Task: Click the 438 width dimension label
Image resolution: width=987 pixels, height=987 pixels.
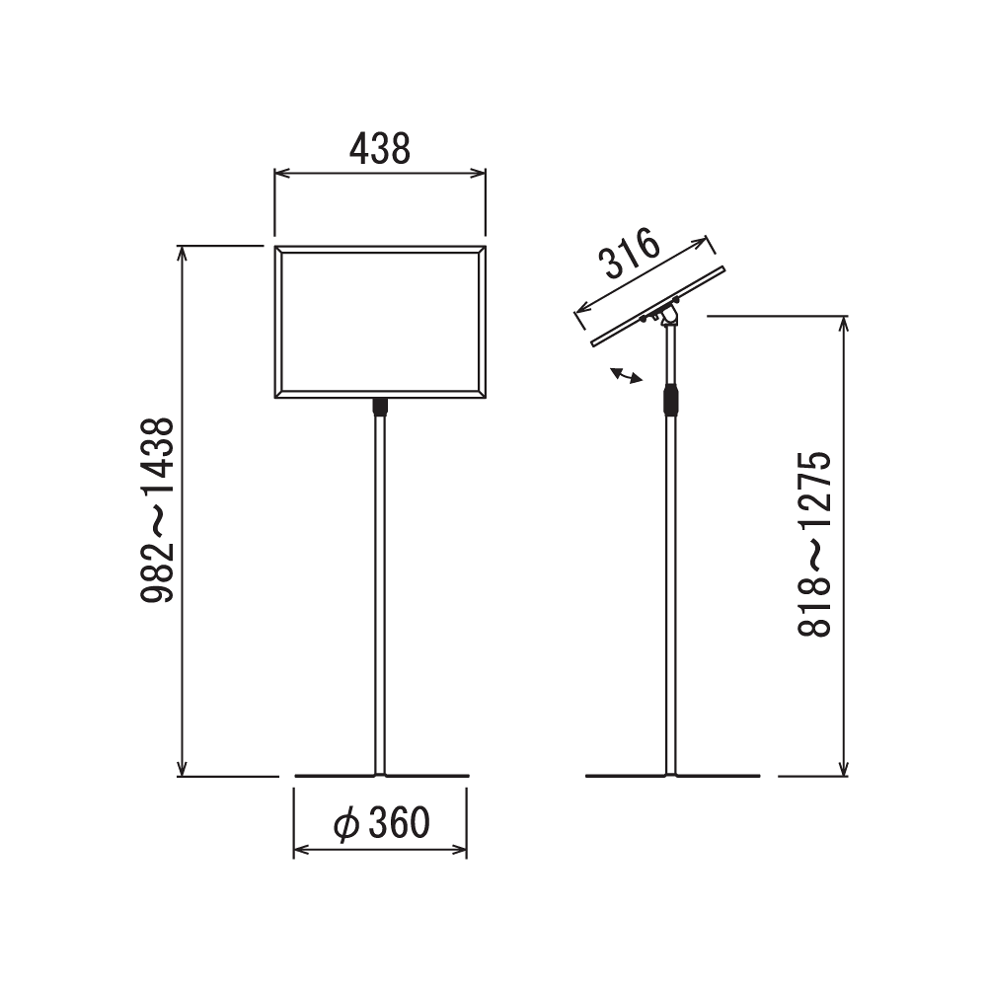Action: pos(380,149)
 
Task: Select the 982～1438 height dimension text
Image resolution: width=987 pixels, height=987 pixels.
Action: pos(157,510)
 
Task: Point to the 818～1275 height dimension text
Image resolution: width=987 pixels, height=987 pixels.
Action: pos(814,545)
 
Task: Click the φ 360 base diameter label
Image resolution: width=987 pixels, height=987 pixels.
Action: pos(382,823)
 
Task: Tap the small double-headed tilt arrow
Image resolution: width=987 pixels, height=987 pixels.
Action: pos(627,376)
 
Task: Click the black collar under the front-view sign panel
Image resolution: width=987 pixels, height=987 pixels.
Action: pos(380,407)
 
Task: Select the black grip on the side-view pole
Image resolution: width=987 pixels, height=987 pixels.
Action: pos(671,401)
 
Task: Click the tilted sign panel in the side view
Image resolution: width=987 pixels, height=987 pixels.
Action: pos(658,306)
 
